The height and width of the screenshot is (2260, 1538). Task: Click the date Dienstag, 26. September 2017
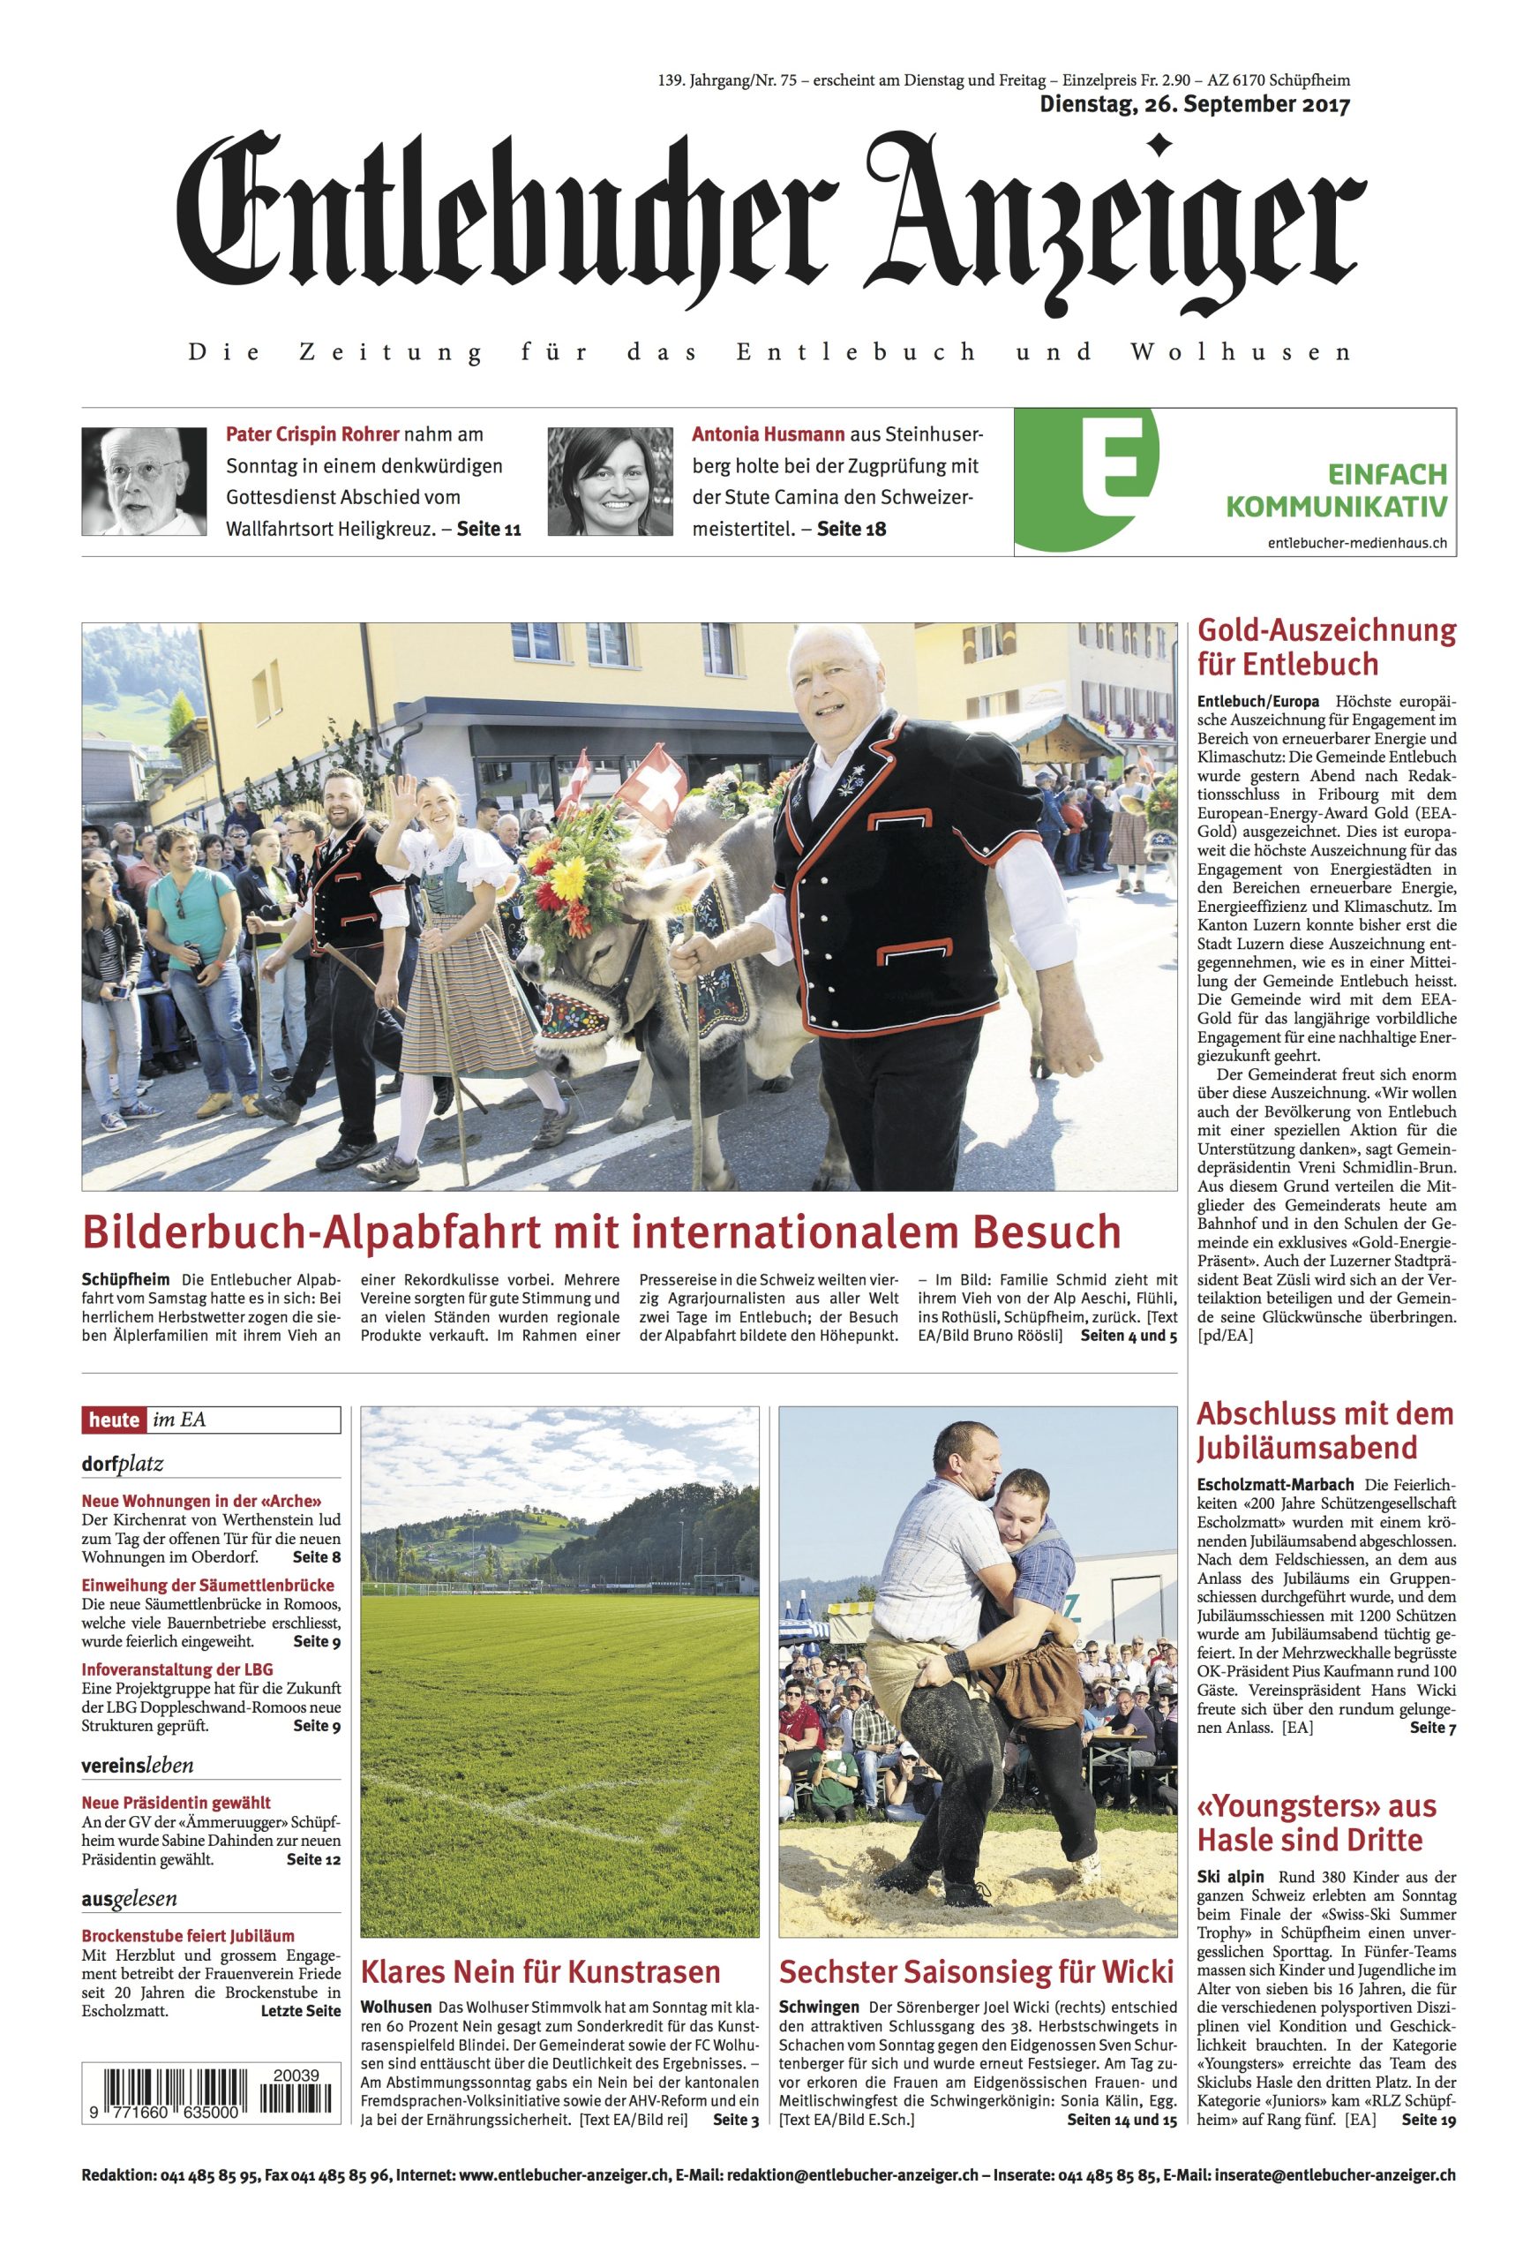1195,105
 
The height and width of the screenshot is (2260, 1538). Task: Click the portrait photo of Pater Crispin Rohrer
144,481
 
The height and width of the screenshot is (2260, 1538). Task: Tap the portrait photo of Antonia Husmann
610,481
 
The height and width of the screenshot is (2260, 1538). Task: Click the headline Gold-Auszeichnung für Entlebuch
1326,648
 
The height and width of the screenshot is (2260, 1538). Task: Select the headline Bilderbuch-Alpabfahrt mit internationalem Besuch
602,1232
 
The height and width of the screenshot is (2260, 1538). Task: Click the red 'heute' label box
115,1420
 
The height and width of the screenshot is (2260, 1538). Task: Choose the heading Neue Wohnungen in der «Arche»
201,1500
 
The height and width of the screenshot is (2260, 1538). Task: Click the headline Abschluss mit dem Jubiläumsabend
1324,1430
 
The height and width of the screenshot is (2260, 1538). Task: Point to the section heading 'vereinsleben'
137,1765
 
